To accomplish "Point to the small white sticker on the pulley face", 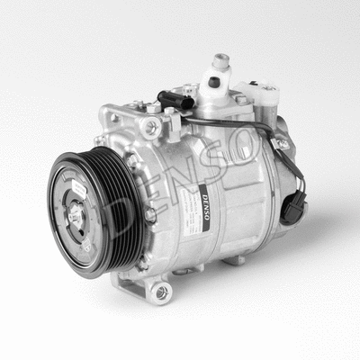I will (x=79, y=187).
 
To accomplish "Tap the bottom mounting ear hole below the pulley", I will (x=162, y=291).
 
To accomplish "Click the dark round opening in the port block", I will (x=214, y=81).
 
